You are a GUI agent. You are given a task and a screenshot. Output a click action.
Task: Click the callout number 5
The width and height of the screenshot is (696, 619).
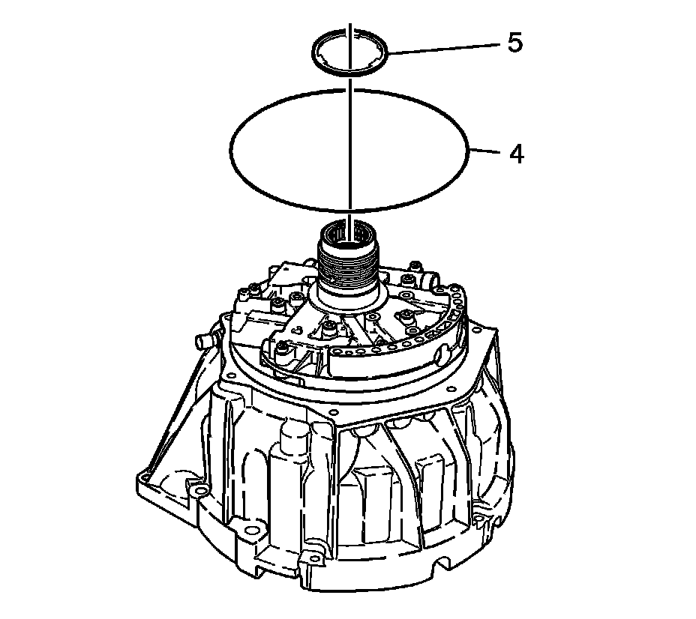tap(514, 43)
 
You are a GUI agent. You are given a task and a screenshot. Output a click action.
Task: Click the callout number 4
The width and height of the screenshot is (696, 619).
tap(516, 154)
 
